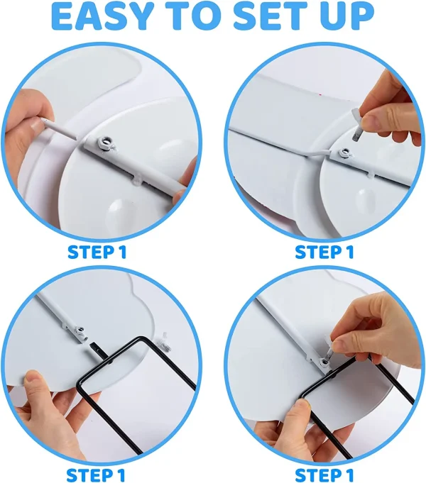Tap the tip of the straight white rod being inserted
(x=75, y=136)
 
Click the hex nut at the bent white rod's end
(x=343, y=152)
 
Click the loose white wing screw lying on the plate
(x=166, y=341)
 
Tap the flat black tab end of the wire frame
(x=95, y=350)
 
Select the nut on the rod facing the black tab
(x=80, y=332)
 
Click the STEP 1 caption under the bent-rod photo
(x=324, y=252)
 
